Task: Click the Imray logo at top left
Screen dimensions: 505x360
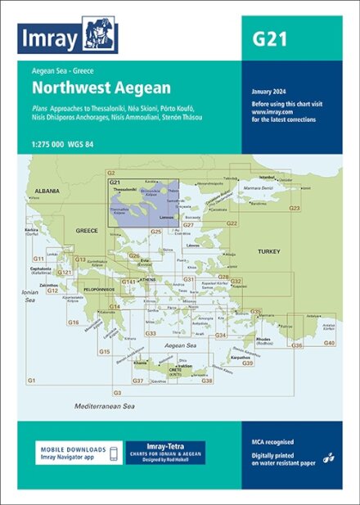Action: pos(69,37)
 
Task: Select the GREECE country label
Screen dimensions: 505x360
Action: pos(87,231)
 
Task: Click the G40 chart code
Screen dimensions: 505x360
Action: pos(329,342)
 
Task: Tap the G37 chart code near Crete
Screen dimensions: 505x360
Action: pos(138,381)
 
